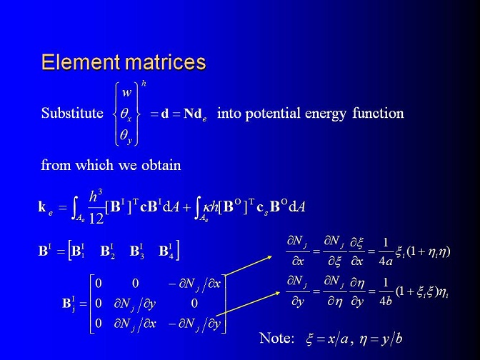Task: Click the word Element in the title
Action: tap(81, 62)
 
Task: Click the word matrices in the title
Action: tap(166, 62)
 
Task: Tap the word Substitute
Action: tap(72, 113)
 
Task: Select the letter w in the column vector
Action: tap(126, 92)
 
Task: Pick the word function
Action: tap(378, 113)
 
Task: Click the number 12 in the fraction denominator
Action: tap(96, 218)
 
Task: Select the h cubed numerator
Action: tap(96, 196)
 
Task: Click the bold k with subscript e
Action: tap(46, 208)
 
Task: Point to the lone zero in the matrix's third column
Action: tap(194, 304)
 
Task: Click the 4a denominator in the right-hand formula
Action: tap(386, 261)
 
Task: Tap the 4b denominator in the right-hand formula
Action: tap(386, 301)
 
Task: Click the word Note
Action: tap(276, 339)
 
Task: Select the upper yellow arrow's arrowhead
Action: tap(269, 257)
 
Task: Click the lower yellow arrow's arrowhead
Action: tap(277, 294)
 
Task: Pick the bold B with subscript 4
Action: tap(166, 251)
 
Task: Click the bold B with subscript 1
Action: tap(78, 251)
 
